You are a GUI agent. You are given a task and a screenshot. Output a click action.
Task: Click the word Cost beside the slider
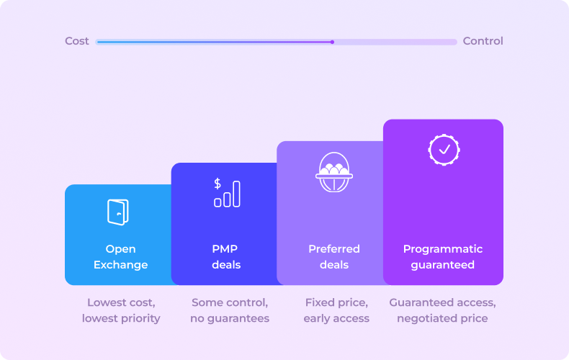(76, 41)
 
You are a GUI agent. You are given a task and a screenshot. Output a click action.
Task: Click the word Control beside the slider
(483, 41)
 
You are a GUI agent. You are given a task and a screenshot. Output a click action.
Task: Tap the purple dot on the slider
(332, 42)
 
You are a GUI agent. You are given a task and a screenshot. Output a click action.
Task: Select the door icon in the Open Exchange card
(118, 212)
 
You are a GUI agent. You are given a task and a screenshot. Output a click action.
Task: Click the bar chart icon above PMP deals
(227, 193)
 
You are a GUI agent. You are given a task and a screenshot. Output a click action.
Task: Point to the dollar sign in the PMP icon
(218, 184)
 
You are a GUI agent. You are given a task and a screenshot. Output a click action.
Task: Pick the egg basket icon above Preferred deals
(334, 172)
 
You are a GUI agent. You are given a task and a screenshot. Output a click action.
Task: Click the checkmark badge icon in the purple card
(444, 150)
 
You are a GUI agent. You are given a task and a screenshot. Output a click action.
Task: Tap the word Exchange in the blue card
(120, 265)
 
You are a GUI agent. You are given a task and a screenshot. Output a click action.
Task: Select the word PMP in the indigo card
(225, 249)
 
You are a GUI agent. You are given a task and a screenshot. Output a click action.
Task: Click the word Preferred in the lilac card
(334, 249)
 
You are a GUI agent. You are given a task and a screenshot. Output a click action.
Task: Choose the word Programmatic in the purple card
(443, 249)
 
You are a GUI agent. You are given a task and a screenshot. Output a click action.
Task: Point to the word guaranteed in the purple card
(443, 265)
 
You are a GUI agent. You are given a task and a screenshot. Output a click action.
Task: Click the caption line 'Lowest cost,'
(121, 302)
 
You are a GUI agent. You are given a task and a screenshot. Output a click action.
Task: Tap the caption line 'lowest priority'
(121, 319)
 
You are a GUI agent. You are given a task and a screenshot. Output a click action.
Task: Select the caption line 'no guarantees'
(230, 319)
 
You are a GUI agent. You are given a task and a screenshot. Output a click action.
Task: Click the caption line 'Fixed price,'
(336, 302)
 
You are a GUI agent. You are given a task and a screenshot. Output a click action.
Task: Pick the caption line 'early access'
(336, 319)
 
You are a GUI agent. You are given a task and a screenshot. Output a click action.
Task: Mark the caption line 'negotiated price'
(442, 319)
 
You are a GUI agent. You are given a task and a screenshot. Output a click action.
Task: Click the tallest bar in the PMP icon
(236, 194)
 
